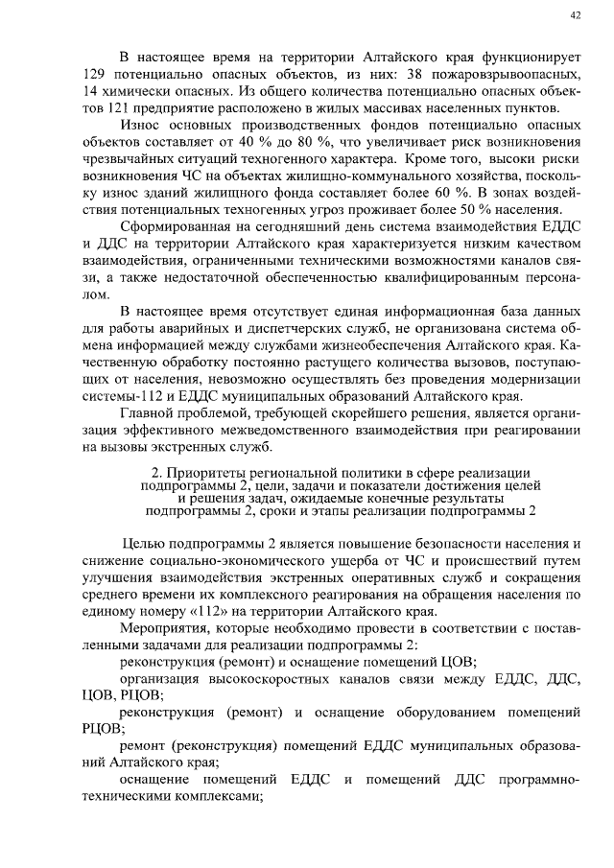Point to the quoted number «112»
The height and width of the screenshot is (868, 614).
(187, 613)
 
